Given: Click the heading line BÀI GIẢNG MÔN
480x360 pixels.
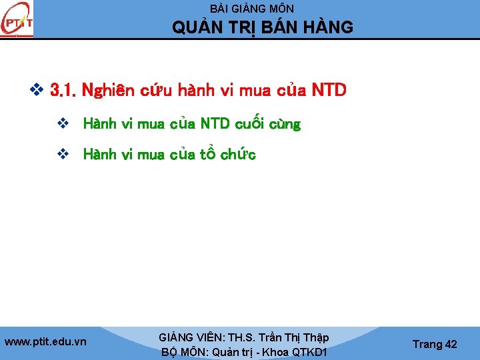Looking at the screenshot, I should (252, 9).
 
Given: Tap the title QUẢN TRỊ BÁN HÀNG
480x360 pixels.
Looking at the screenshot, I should (263, 28).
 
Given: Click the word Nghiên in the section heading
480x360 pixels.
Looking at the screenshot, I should (108, 90).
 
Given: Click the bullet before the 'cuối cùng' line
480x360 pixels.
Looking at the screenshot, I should (63, 124).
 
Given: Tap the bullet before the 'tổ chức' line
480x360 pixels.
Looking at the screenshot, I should (63, 155).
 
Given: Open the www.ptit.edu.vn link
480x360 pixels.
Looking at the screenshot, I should (45, 342).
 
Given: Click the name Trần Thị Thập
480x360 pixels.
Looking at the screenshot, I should (294, 338).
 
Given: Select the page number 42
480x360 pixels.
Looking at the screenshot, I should (451, 344).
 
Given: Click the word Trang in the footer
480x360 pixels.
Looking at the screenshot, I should (427, 344).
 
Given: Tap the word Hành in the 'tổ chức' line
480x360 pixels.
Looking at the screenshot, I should (98, 155).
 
